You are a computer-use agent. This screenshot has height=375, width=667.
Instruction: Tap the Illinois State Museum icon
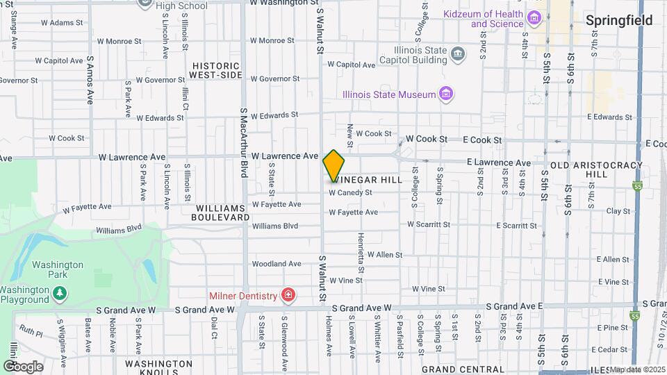pyautogui.click(x=446, y=94)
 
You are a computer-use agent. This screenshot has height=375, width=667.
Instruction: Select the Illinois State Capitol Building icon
pyautogui.click(x=458, y=53)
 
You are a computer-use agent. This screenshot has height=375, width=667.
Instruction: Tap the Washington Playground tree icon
pyautogui.click(x=60, y=294)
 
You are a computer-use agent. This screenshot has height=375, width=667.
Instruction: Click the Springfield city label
pyautogui.click(x=618, y=20)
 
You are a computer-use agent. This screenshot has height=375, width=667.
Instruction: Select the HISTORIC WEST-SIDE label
pyautogui.click(x=216, y=69)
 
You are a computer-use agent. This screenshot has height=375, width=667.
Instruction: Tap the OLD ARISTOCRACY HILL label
pyautogui.click(x=598, y=170)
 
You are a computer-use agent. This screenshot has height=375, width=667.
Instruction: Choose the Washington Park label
pyautogui.click(x=58, y=269)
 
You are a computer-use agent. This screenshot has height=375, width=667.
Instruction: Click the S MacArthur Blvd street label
pyautogui.click(x=244, y=142)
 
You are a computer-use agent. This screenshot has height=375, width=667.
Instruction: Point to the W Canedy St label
pyautogui.click(x=350, y=192)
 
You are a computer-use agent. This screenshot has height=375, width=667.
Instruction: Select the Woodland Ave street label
pyautogui.click(x=276, y=264)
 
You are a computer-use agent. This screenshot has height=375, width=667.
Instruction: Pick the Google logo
pyautogui.click(x=23, y=366)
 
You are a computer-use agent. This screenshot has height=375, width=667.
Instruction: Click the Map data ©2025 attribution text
pyautogui.click(x=638, y=369)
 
